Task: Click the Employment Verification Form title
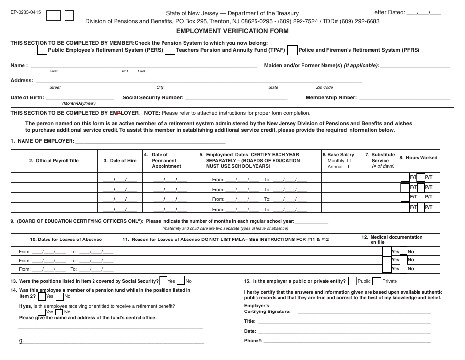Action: (x=232, y=31)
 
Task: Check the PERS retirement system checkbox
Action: (x=43, y=49)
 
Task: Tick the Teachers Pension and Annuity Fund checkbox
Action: (x=170, y=50)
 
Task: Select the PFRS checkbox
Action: (x=293, y=49)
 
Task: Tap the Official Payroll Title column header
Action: (x=54, y=161)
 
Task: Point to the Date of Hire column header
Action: (x=120, y=161)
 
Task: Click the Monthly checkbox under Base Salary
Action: (x=349, y=161)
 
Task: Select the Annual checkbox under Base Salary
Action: (x=349, y=167)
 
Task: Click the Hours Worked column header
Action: (x=418, y=158)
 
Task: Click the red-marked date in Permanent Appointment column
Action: (x=161, y=199)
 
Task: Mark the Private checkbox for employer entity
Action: (x=376, y=281)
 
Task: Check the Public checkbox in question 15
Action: (x=351, y=281)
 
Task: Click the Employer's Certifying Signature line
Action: (x=364, y=312)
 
